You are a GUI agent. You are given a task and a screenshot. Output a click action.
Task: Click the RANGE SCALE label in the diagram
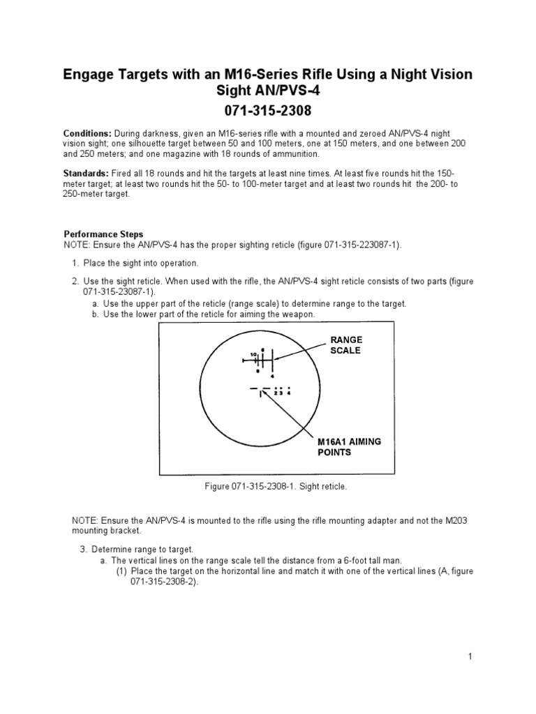[x=346, y=345]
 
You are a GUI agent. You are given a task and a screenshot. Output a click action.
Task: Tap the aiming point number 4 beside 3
[x=288, y=392]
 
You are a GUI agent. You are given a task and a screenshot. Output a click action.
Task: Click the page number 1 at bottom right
[x=471, y=656]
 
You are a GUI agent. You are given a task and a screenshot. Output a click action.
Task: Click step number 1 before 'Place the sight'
[x=75, y=263]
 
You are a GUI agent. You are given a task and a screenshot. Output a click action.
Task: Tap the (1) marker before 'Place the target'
[x=121, y=571]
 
